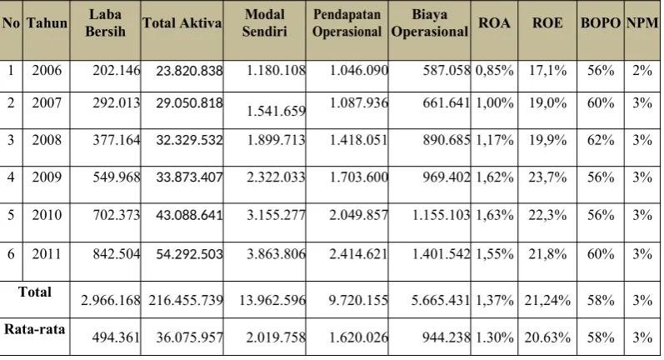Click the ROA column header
click(494, 22)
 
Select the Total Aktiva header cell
click(182, 22)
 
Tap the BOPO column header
click(601, 22)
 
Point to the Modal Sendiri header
click(265, 22)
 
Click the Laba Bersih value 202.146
click(117, 70)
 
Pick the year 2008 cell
click(47, 140)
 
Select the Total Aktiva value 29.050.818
click(189, 103)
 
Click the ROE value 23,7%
click(547, 177)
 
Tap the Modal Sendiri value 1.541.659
click(276, 111)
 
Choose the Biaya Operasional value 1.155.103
click(442, 215)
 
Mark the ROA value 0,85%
click(495, 70)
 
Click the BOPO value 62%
click(601, 140)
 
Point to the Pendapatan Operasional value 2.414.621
click(359, 253)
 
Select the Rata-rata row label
click(35, 329)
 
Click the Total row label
click(35, 292)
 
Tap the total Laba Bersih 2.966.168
click(111, 300)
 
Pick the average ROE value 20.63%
click(547, 337)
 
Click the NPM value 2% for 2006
click(642, 70)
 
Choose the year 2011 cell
click(47, 253)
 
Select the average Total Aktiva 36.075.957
click(189, 337)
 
